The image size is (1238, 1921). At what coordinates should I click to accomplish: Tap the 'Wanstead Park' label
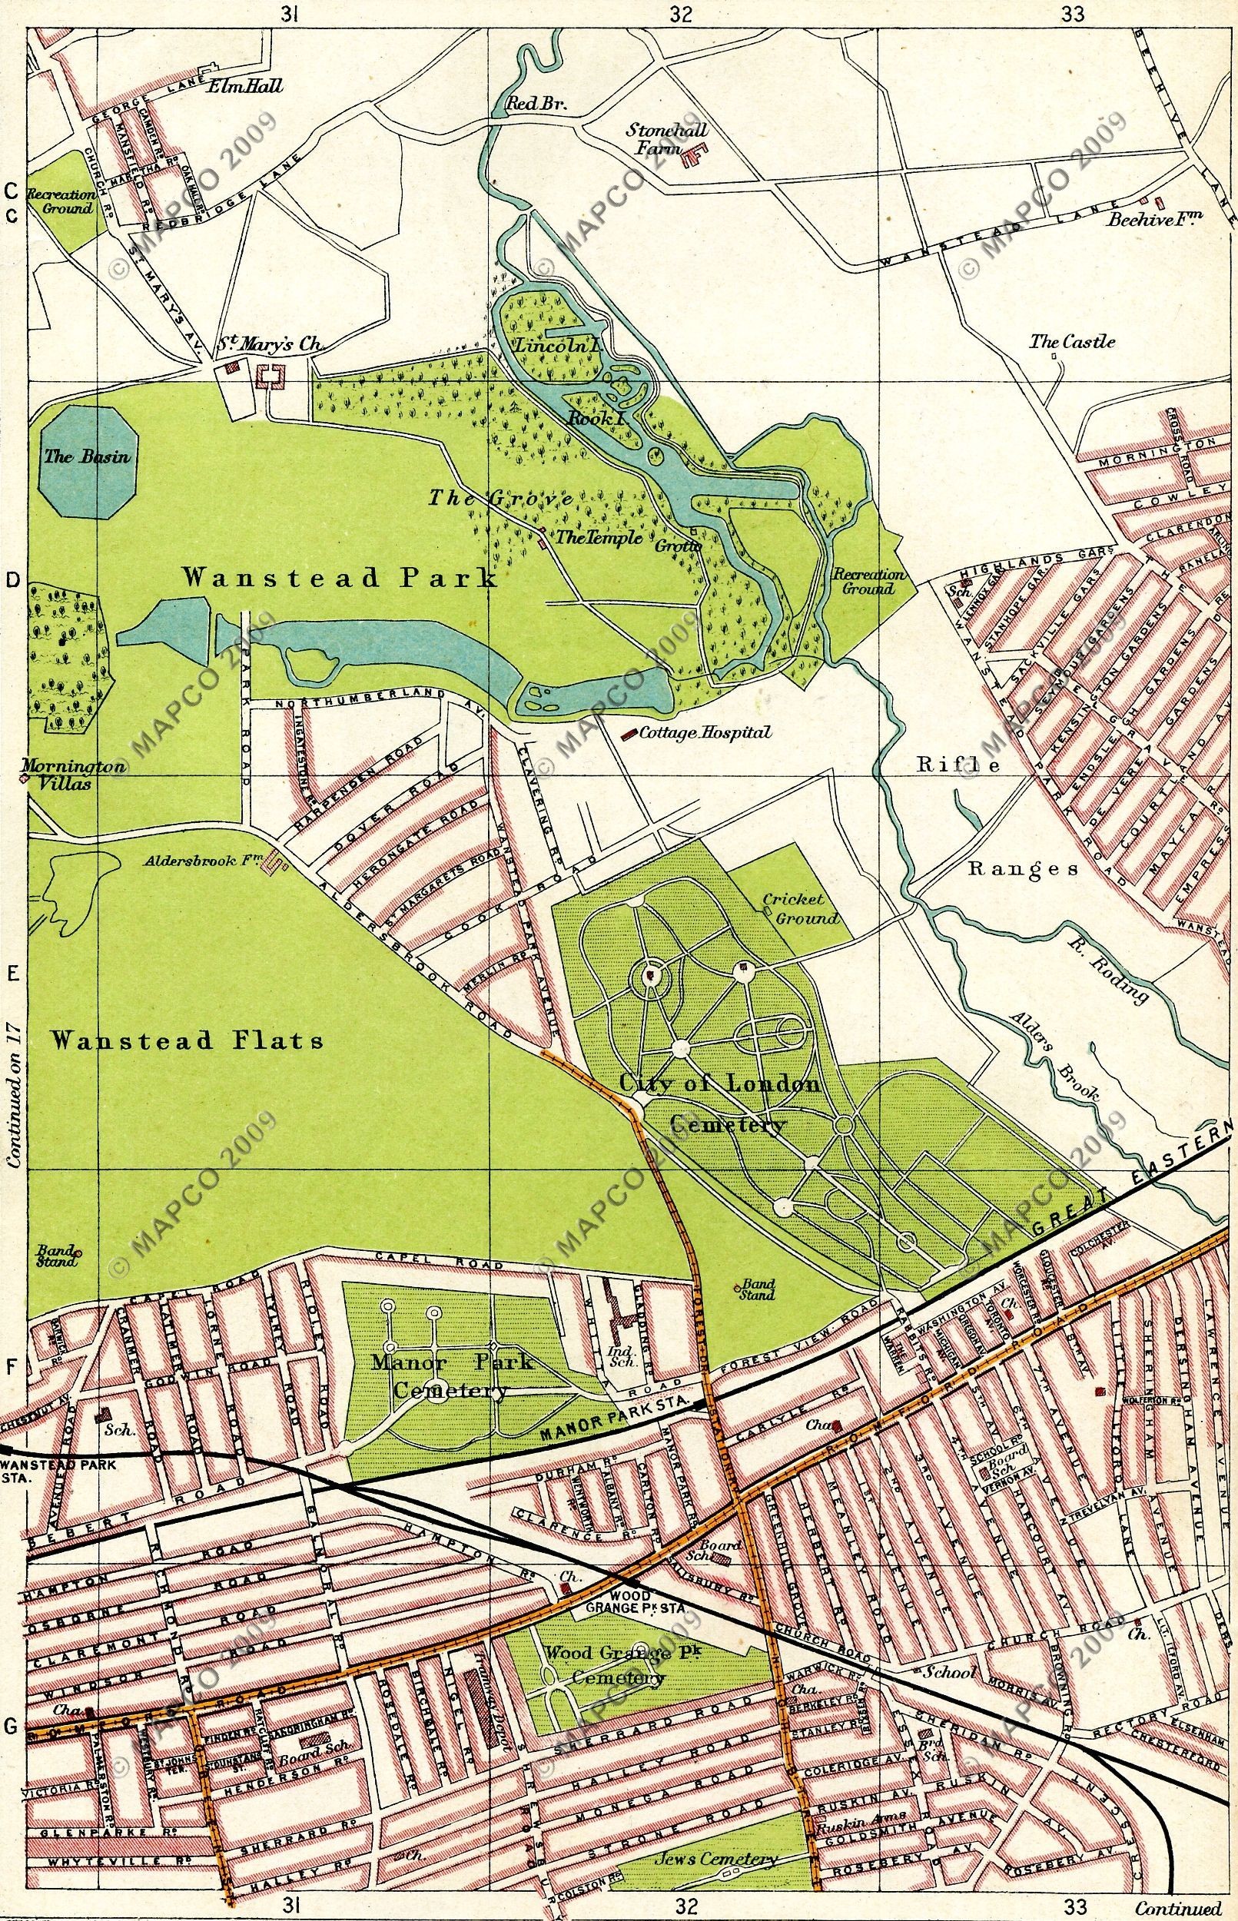point(338,578)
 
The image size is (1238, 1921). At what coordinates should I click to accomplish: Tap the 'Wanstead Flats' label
point(187,1042)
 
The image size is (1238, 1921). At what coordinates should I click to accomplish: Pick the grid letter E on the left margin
point(13,975)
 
